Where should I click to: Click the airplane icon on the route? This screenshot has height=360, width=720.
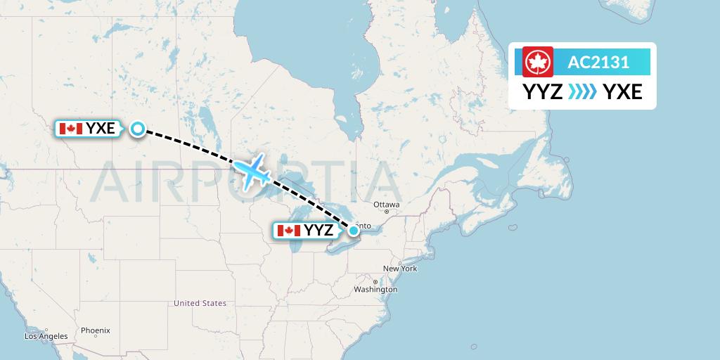pyautogui.click(x=252, y=171)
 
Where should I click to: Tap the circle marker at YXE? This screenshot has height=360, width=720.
pyautogui.click(x=138, y=129)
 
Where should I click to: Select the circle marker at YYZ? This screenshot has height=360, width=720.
pyautogui.click(x=353, y=230)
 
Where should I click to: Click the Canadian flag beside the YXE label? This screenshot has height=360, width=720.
pyautogui.click(x=70, y=129)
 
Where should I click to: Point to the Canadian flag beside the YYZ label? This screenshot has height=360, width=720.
pyautogui.click(x=288, y=231)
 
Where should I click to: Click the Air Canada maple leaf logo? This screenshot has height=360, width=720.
pyautogui.click(x=538, y=62)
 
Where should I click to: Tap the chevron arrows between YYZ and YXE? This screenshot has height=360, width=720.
pyautogui.click(x=583, y=91)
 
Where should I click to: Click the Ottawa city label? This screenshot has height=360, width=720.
pyautogui.click(x=386, y=205)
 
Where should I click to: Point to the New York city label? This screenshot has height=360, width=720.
pyautogui.click(x=399, y=269)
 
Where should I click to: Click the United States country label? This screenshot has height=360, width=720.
pyautogui.click(x=200, y=303)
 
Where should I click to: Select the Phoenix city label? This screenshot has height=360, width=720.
pyautogui.click(x=95, y=330)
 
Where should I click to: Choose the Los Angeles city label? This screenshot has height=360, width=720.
pyautogui.click(x=46, y=336)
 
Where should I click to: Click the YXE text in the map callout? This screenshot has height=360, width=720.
pyautogui.click(x=100, y=129)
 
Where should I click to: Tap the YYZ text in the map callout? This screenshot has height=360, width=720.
pyautogui.click(x=319, y=231)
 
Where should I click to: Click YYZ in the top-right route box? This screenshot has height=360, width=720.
pyautogui.click(x=542, y=91)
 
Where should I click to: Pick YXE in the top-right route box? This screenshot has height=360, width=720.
pyautogui.click(x=623, y=91)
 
